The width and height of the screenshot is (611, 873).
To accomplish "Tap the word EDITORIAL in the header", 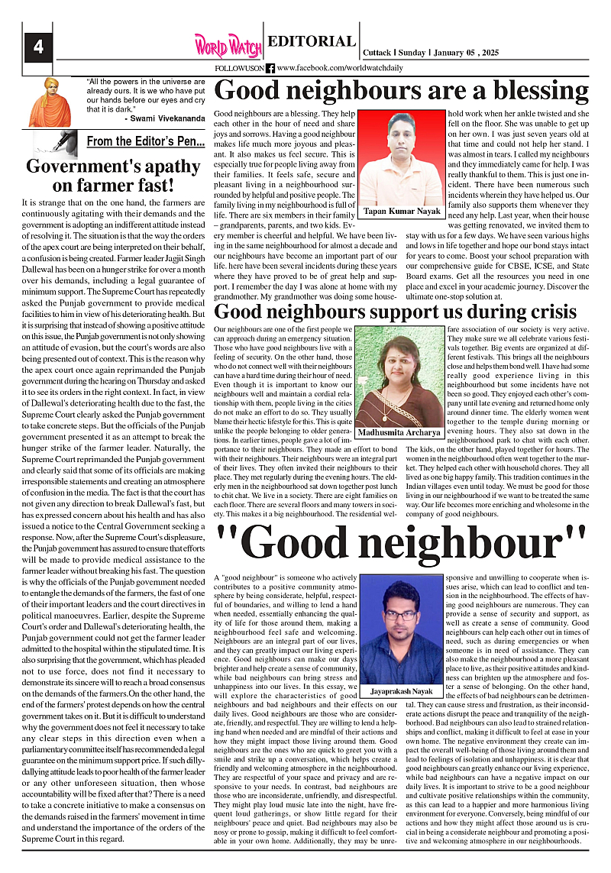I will pos(312,42).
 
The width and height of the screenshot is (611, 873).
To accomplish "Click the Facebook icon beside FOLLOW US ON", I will pos(270,68).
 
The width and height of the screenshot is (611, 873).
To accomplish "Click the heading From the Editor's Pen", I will pos(145,141).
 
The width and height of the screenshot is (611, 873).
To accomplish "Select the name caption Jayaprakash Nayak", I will pos(402,690).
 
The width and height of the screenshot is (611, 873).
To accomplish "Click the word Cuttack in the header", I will pos(375,53).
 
